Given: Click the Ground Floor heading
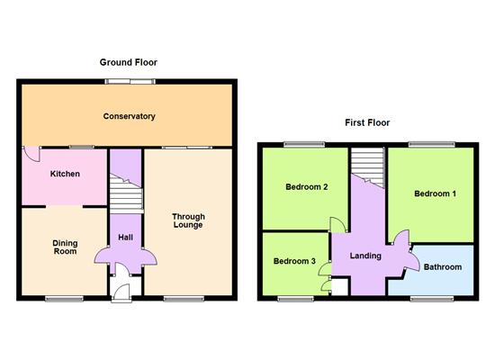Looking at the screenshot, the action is click(129, 62).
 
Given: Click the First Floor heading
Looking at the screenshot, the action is click(367, 122).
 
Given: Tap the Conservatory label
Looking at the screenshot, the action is click(129, 116).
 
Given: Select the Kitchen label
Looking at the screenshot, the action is click(65, 174).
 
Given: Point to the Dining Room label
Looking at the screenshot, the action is click(65, 247).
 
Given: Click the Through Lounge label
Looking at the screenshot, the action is click(188, 220).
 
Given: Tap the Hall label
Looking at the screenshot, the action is click(125, 238).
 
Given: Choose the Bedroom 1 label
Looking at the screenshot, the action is click(435, 193).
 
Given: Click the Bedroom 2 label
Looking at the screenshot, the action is click(307, 187).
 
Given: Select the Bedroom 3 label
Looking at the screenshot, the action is click(294, 261).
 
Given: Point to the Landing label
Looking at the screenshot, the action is click(365, 256).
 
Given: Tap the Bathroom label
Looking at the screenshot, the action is click(443, 267).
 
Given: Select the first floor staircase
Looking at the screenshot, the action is click(368, 167).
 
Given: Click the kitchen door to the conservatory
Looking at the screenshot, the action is click(31, 154).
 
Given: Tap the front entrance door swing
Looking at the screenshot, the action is click(121, 292).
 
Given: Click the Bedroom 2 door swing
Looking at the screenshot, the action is click(337, 225).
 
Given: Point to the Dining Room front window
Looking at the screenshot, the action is click(64, 299).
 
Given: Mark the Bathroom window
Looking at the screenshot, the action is click(432, 299).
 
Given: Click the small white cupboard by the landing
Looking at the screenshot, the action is click(339, 287).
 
